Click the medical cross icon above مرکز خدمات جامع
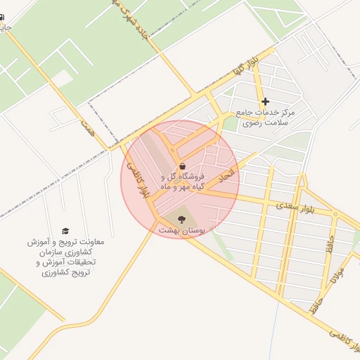click(x=265, y=102)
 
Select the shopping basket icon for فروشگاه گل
click(x=183, y=166)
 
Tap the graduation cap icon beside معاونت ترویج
click(x=65, y=231)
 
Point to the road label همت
click(x=87, y=129)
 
